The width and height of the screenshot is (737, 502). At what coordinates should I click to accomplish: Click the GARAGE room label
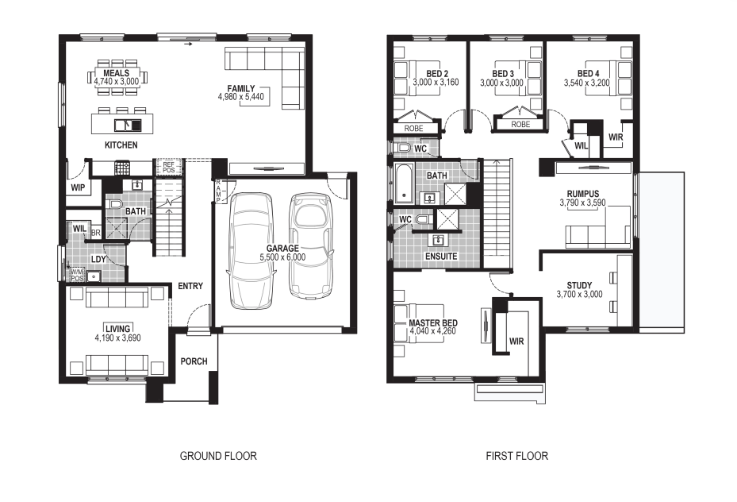pyautogui.click(x=282, y=249)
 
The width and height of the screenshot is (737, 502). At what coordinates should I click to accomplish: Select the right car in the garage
pyautogui.click(x=311, y=245)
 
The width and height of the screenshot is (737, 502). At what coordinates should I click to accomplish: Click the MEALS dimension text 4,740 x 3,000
pyautogui.click(x=116, y=81)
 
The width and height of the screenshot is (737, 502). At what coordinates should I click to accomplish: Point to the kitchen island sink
pyautogui.click(x=128, y=125)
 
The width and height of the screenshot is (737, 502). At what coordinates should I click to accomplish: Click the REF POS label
pyautogui.click(x=168, y=167)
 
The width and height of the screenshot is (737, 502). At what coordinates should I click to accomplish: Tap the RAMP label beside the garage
pyautogui.click(x=218, y=191)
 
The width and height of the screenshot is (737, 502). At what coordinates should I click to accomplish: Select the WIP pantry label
pyautogui.click(x=78, y=187)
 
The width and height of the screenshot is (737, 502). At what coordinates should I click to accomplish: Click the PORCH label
pyautogui.click(x=194, y=361)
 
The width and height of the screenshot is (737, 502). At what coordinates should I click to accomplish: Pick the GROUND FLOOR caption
pyautogui.click(x=218, y=456)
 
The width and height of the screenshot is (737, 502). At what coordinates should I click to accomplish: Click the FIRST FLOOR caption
pyautogui.click(x=517, y=456)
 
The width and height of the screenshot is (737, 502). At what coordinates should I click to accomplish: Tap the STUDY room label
pyautogui.click(x=579, y=285)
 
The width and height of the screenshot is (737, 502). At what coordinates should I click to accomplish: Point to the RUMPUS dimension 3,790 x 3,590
pyautogui.click(x=583, y=203)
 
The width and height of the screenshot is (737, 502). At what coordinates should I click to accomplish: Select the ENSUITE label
pyautogui.click(x=441, y=257)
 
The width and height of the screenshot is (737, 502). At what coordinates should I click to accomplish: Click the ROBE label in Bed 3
pyautogui.click(x=520, y=124)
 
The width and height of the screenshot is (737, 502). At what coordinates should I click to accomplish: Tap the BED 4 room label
pyautogui.click(x=588, y=73)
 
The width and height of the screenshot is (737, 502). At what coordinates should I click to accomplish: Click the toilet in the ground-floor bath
pyautogui.click(x=115, y=204)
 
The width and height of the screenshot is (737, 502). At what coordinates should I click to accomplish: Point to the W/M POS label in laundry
pyautogui.click(x=77, y=275)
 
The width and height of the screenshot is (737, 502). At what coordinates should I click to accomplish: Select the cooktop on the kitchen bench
pyautogui.click(x=122, y=168)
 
